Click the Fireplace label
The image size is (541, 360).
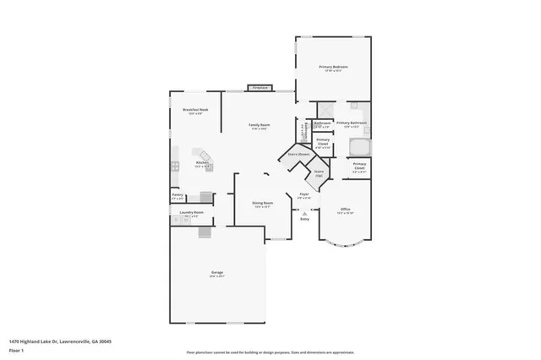259,87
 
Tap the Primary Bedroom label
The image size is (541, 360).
333,68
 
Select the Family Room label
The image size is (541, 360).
258,126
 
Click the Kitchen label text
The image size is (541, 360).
203,162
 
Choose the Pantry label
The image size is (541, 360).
178,195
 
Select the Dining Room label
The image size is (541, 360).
263,203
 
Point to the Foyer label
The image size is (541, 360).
304,194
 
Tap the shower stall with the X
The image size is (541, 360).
325,111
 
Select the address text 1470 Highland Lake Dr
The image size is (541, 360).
60,341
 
